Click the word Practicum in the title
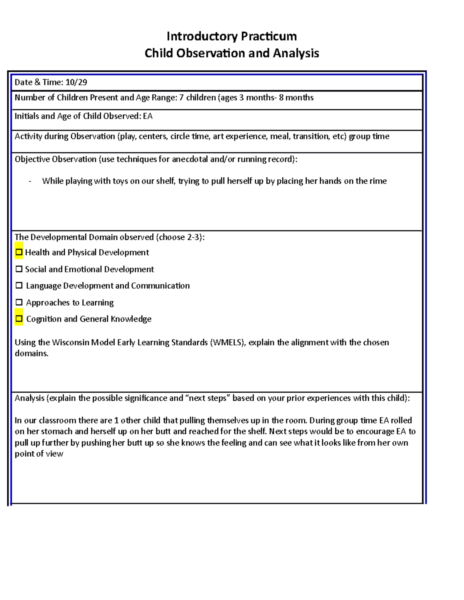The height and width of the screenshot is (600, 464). click(269, 36)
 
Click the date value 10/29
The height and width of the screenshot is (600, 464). click(76, 82)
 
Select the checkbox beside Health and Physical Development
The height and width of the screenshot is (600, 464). click(19, 252)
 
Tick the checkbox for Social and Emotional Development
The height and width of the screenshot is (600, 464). click(19, 269)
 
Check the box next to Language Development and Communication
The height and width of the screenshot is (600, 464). click(19, 286)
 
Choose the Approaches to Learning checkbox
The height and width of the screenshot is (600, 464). click(19, 303)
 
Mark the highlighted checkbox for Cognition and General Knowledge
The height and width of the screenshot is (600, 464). click(19, 319)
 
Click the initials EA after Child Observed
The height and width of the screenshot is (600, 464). click(148, 116)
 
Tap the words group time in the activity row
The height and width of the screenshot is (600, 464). click(369, 136)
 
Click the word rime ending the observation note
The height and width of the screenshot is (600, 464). click(377, 181)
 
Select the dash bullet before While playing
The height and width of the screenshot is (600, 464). click(30, 181)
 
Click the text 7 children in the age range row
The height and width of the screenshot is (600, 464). click(197, 97)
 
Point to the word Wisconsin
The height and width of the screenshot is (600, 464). click(70, 343)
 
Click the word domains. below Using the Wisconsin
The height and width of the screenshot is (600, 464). click(31, 354)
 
